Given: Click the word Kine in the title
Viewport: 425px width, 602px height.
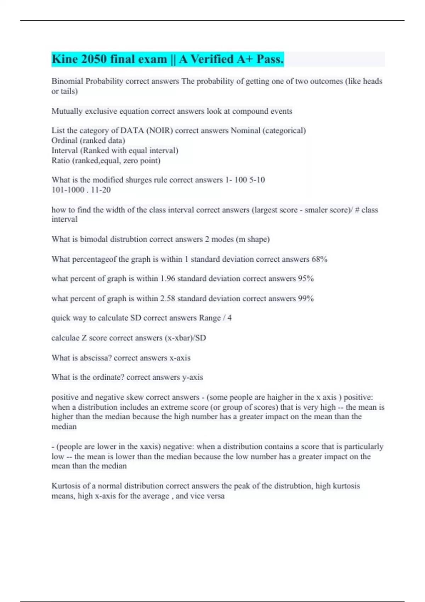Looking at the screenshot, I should pyautogui.click(x=65, y=59).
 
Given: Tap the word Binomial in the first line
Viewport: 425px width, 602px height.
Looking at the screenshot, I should pyautogui.click(x=67, y=81).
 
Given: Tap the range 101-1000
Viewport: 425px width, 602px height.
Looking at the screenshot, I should pyautogui.click(x=68, y=190).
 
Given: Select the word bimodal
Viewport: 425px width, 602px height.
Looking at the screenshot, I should pyautogui.click(x=93, y=239).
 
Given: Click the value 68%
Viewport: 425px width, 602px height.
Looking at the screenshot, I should pyautogui.click(x=319, y=259).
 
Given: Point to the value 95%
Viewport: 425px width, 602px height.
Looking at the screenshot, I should pyautogui.click(x=306, y=279).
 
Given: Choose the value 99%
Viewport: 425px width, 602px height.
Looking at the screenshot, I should pyautogui.click(x=306, y=299).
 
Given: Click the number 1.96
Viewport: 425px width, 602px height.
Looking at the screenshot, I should pyautogui.click(x=168, y=279).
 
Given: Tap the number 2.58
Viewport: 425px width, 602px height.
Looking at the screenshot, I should pyautogui.click(x=168, y=299).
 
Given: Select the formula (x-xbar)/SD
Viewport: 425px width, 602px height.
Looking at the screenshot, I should pyautogui.click(x=185, y=338).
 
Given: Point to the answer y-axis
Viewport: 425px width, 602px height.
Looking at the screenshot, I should pyautogui.click(x=192, y=377).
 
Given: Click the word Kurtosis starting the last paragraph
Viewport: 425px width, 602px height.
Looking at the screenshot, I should pyautogui.click(x=66, y=486).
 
